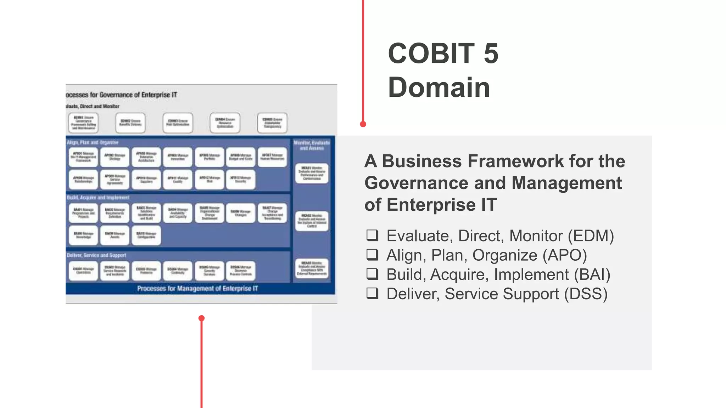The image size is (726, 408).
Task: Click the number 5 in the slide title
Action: pyautogui.click(x=491, y=54)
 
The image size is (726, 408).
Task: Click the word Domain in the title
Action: pyautogui.click(x=439, y=87)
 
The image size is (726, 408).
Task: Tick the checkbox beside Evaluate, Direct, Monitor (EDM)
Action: pyautogui.click(x=372, y=236)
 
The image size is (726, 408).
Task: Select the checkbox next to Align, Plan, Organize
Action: pyautogui.click(x=372, y=255)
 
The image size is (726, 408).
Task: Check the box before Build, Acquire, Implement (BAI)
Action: pyautogui.click(x=372, y=274)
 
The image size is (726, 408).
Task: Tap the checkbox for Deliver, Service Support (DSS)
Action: pyautogui.click(x=372, y=293)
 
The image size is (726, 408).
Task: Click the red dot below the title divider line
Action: pyautogui.click(x=363, y=124)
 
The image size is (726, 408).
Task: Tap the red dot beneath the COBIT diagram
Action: pyautogui.click(x=201, y=318)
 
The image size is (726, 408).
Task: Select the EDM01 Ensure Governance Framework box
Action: pyautogui.click(x=83, y=123)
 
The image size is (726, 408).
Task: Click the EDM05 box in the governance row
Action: pyautogui.click(x=272, y=123)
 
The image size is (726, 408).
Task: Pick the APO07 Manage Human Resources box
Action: pyautogui.click(x=272, y=157)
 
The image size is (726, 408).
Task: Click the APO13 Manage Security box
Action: pyautogui.click(x=241, y=179)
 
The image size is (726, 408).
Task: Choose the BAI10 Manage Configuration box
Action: pyautogui.click(x=146, y=235)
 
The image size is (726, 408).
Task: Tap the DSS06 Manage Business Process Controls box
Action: pyautogui.click(x=241, y=271)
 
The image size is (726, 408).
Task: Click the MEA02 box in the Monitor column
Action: pyautogui.click(x=312, y=221)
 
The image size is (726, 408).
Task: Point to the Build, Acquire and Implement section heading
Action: pyautogui.click(x=98, y=197)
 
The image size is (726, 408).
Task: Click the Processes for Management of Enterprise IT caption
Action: pyautogui.click(x=197, y=288)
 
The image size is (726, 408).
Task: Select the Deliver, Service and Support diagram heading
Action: pyautogui.click(x=96, y=255)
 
